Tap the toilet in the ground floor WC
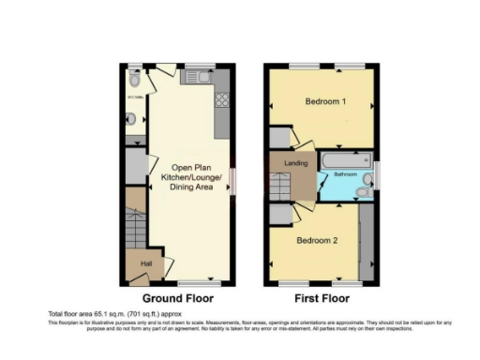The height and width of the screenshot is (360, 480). coord(136,82)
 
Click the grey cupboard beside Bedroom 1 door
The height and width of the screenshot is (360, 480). coord(279,137)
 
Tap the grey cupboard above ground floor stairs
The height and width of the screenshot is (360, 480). coord(136,165)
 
